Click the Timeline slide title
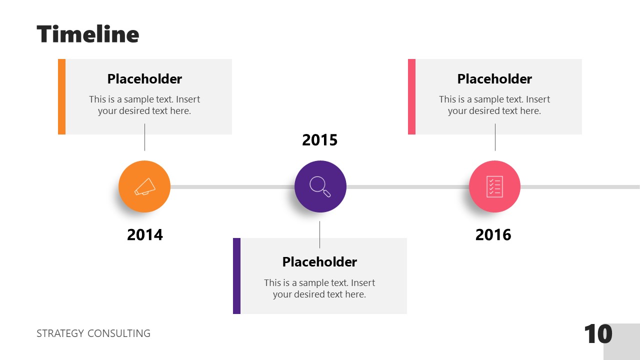point(88,34)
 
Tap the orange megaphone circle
point(144,186)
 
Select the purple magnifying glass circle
point(320,186)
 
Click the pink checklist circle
point(494,186)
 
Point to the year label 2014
point(145,234)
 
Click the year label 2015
point(320,140)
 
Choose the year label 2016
point(493,234)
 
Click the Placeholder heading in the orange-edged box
point(144,79)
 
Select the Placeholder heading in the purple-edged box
point(319,262)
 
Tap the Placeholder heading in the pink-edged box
point(494,79)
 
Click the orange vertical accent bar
point(61,96)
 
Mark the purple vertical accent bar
point(236,276)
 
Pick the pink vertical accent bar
point(411,96)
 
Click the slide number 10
point(598,334)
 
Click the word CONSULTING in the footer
point(119,333)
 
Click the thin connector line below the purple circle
point(320,234)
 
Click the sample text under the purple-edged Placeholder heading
point(319,288)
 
